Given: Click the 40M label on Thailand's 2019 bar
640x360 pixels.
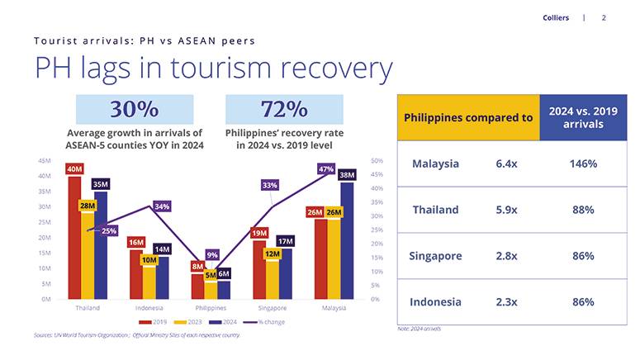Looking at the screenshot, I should tap(74, 169).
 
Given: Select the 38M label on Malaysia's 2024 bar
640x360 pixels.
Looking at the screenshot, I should tap(347, 175).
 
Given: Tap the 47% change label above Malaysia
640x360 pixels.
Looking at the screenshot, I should tap(325, 168).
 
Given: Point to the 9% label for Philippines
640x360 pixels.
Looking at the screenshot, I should tap(212, 255).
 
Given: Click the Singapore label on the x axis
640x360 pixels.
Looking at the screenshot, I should tap(272, 307).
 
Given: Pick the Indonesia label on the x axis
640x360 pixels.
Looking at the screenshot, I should tap(149, 307).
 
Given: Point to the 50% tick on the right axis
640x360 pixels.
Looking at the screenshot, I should tap(377, 160).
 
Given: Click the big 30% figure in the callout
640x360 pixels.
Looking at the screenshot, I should tap(134, 110).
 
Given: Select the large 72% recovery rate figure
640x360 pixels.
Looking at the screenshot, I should tap(284, 110).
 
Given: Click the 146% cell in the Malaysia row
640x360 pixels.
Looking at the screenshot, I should tap(583, 163).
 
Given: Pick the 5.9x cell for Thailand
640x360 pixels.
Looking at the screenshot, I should tap(506, 210).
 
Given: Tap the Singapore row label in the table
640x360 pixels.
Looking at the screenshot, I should tap(435, 256).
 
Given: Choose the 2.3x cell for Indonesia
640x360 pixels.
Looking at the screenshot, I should tap(506, 302).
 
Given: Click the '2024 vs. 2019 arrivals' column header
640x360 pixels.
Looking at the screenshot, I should tap(583, 117).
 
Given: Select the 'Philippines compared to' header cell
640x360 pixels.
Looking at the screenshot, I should tap(467, 117).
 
